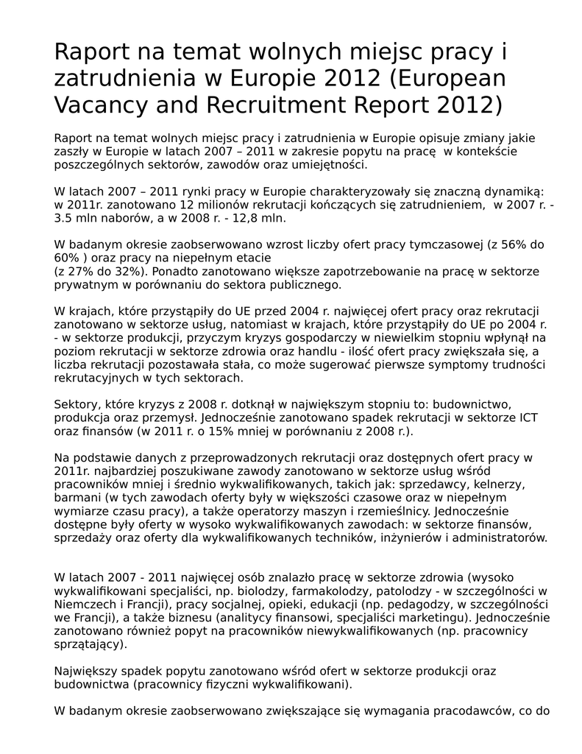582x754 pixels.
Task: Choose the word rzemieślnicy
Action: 377,511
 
